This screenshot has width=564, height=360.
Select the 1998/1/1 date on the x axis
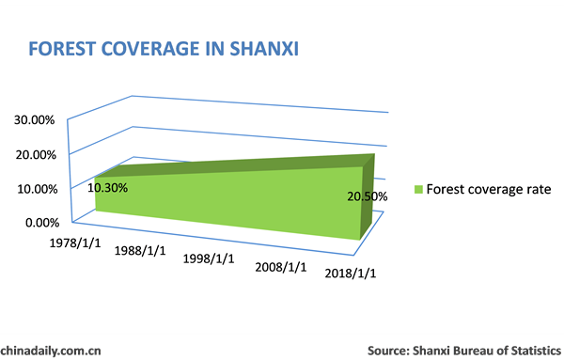[209, 258]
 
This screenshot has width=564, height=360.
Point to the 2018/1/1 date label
[351, 274]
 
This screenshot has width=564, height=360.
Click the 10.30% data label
[107, 187]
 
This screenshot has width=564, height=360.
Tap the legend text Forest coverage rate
[488, 189]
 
